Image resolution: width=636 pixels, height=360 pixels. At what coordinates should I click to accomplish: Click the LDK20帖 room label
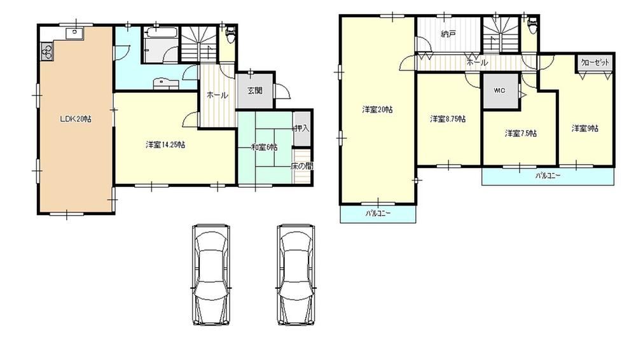coord(76,119)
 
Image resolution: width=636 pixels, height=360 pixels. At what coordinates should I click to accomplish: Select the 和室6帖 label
coord(264,148)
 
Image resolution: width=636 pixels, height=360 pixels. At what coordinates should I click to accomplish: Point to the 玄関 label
coord(255,91)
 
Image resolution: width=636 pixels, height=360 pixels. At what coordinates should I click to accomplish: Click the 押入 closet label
coord(301,128)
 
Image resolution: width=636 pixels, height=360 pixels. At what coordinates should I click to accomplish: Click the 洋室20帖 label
coord(377,109)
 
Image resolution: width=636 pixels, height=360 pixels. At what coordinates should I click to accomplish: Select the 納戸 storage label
coord(448,34)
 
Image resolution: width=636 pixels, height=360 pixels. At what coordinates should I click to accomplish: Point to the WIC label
coord(499,90)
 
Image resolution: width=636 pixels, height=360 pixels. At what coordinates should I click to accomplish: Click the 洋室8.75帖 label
coord(447,119)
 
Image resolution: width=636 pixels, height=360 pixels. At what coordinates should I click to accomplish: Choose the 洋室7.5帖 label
coord(520,133)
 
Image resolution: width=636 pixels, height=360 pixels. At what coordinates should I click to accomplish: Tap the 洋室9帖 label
coord(584,128)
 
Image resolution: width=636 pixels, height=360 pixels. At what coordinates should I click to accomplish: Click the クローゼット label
coord(596,62)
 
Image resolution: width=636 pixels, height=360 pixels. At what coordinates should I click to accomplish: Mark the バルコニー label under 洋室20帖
coord(378,214)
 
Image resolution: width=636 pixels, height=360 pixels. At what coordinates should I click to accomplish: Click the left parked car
coord(211,275)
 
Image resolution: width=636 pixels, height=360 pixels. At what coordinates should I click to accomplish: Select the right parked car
coord(297,275)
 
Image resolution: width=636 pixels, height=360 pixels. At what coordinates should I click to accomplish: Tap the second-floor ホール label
coord(477,62)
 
